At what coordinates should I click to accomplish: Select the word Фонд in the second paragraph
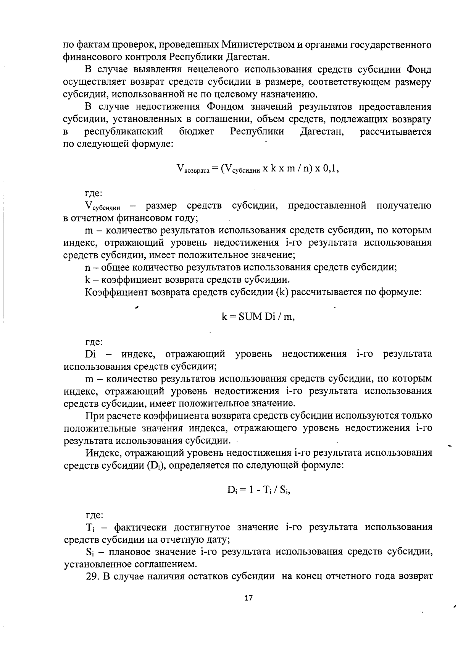point(419,70)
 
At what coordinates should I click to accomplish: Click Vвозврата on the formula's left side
point(193,169)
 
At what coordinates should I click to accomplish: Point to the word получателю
point(404,206)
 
